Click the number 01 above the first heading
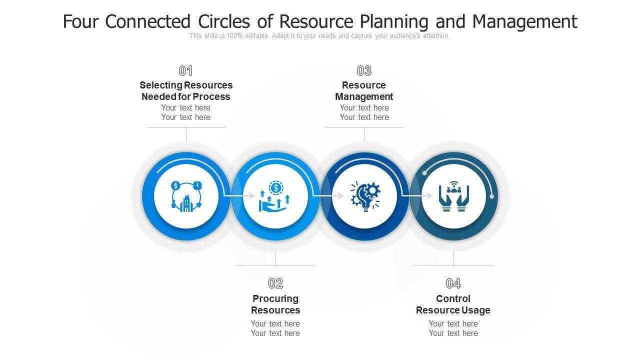click(186, 71)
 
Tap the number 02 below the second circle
click(275, 284)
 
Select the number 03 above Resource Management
click(364, 71)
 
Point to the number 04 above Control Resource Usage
click(453, 284)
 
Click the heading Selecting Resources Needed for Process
click(186, 91)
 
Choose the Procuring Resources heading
click(275, 304)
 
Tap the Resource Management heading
click(364, 91)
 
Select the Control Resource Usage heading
click(453, 304)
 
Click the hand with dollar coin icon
click(275, 197)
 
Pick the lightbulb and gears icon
click(365, 196)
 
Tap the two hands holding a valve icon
click(453, 196)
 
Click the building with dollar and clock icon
click(186, 196)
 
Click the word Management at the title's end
click(524, 22)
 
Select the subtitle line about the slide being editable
click(319, 36)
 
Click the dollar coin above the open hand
click(275, 188)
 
